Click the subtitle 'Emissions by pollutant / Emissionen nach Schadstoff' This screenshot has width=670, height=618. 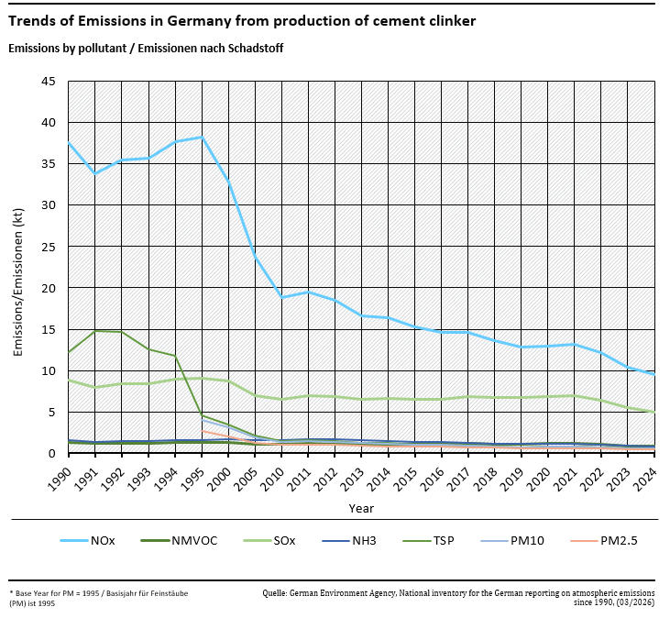point(146,48)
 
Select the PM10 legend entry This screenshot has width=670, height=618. point(527,540)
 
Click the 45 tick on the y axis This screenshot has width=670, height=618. point(49,81)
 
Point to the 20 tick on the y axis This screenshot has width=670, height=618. point(49,288)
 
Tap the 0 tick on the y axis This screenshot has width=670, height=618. point(52,454)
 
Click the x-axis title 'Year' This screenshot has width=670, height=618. point(360,507)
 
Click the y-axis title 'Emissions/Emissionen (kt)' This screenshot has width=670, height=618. point(17,281)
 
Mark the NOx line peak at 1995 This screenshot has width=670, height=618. point(202,137)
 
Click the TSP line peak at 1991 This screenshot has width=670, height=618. point(95,331)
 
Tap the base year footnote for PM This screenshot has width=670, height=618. point(98,598)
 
